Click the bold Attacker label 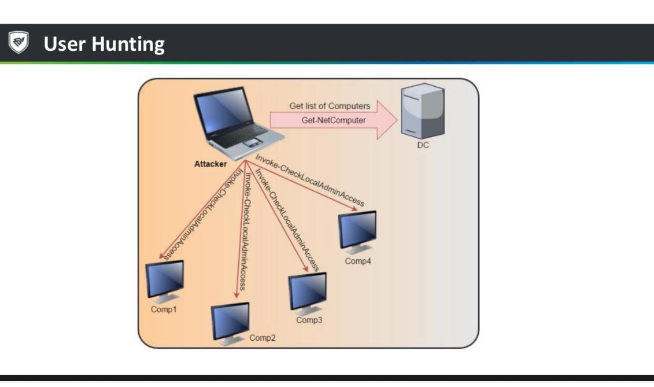tap(210, 164)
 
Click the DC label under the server tap(423, 145)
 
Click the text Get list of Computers tap(330, 106)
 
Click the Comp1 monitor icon tap(165, 280)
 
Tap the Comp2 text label tap(263, 338)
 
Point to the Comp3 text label tap(309, 320)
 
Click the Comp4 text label tap(358, 261)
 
